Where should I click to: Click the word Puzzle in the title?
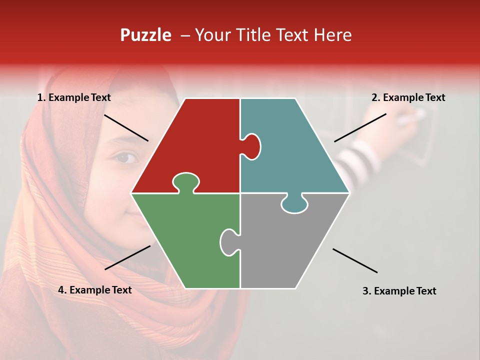tap(145, 35)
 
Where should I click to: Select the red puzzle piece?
tap(200, 140)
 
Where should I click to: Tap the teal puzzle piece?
tap(290, 150)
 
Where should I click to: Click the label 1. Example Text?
tap(74, 98)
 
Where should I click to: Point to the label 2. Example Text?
tap(408, 98)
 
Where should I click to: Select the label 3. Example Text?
tap(399, 291)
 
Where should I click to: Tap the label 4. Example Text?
tap(94, 290)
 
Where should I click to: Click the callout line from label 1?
tap(126, 127)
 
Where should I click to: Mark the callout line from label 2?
tap(360, 127)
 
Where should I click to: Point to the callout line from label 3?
tap(355, 260)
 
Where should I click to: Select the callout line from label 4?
tap(127, 257)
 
